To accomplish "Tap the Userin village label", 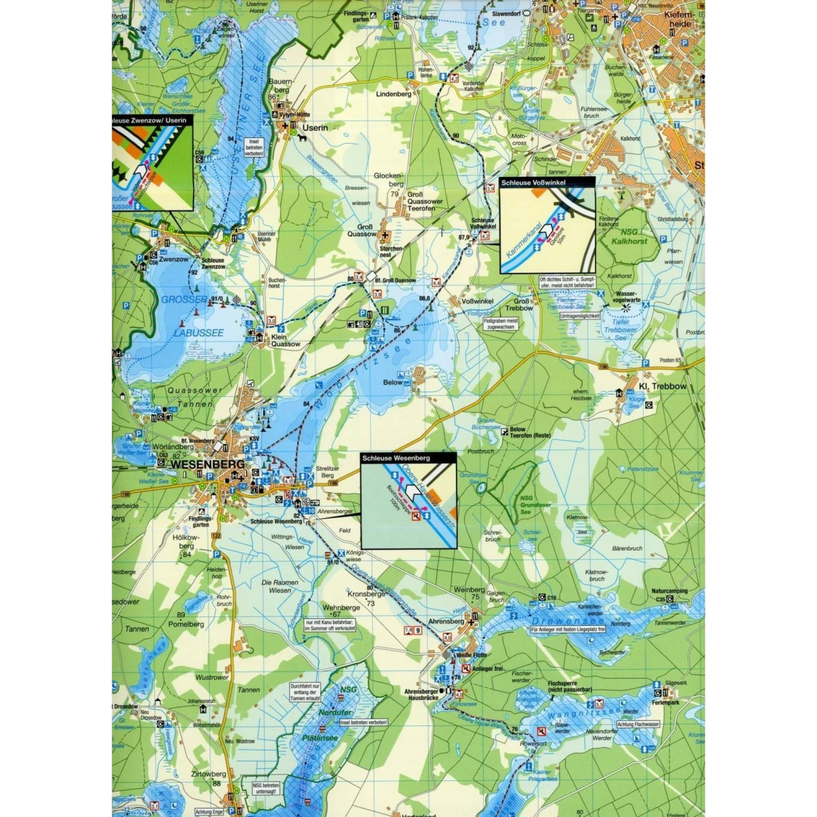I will [315, 127].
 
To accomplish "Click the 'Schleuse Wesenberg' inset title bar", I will [396, 458].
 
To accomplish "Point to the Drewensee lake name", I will [568, 621].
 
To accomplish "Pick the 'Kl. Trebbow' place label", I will [662, 386].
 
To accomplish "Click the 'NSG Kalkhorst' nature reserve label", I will [629, 236].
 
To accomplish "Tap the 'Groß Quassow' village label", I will [362, 230].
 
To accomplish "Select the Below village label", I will [392, 382].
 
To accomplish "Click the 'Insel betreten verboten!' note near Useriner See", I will [254, 148].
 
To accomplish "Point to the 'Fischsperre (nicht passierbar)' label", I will [570, 686].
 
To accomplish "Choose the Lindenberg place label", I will [393, 94].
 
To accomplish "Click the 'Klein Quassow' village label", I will [285, 340].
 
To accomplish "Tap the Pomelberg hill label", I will [186, 624].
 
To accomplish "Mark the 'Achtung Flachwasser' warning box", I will [638, 724].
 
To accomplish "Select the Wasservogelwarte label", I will [626, 297].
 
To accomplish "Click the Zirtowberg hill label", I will [208, 774].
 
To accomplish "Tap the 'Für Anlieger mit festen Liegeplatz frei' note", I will [568, 630].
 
